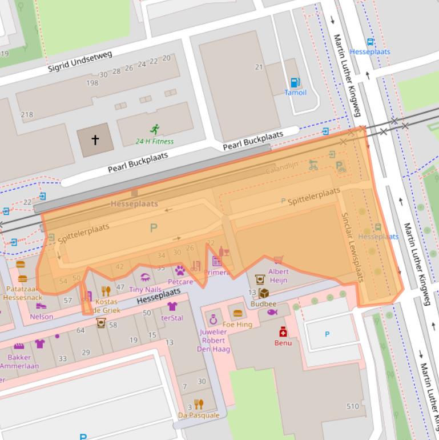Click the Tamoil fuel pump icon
click(x=295, y=83)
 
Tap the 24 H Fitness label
click(x=155, y=141)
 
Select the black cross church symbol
click(x=95, y=139)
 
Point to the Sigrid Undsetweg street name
click(x=80, y=61)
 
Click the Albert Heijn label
click(x=278, y=275)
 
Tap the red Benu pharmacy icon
click(x=283, y=332)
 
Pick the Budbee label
click(x=263, y=305)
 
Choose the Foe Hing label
click(x=237, y=325)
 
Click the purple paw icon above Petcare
click(x=180, y=270)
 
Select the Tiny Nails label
click(x=145, y=290)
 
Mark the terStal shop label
click(x=172, y=317)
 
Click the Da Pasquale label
click(x=199, y=415)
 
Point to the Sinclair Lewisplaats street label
click(x=352, y=247)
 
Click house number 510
click(x=352, y=406)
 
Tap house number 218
click(x=27, y=114)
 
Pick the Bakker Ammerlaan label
click(x=19, y=361)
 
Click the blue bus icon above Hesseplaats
click(x=370, y=42)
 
